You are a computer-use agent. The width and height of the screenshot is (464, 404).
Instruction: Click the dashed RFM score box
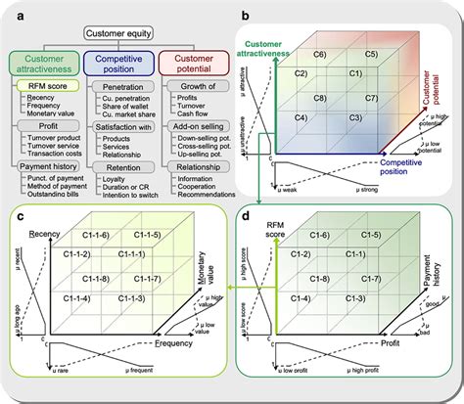pos(42,87)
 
